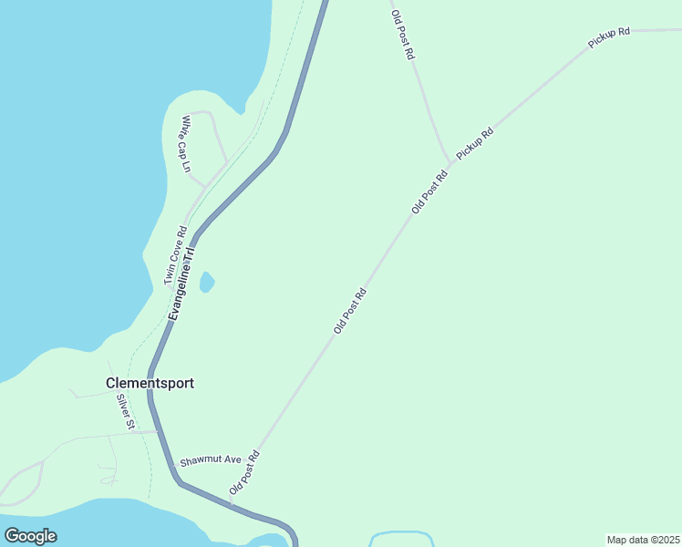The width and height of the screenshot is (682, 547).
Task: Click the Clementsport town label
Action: click(150, 384)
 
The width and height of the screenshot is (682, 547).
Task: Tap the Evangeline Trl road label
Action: click(181, 284)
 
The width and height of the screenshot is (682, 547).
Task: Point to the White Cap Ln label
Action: click(186, 144)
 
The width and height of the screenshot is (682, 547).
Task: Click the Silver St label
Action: click(125, 411)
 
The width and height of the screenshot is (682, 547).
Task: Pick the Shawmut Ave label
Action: click(210, 460)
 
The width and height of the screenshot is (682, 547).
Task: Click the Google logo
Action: click(30, 536)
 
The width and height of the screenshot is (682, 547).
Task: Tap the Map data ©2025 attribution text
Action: click(643, 540)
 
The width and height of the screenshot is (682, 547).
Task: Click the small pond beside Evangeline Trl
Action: click(207, 282)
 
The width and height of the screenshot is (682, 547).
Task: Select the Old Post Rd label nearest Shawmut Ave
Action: click(245, 472)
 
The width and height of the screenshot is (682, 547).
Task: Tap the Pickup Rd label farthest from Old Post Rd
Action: click(609, 37)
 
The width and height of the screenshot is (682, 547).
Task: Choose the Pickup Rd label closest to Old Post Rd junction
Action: click(475, 144)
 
